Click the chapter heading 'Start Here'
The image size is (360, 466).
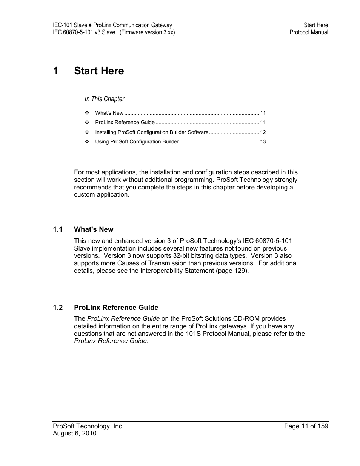pyautogui.click(x=99, y=71)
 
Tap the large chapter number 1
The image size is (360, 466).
pyautogui.click(x=56, y=71)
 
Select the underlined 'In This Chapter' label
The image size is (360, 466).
pyautogui.click(x=104, y=99)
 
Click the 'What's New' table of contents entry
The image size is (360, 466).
pyautogui.click(x=109, y=113)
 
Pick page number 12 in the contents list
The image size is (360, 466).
pyautogui.click(x=263, y=132)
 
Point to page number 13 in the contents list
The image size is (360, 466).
pyautogui.click(x=263, y=141)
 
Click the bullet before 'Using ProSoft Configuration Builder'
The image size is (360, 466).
pyautogui.click(x=86, y=141)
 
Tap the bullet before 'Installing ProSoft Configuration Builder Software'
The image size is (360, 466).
pyautogui.click(x=86, y=132)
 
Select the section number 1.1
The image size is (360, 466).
pyautogui.click(x=57, y=229)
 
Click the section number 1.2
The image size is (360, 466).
pyautogui.click(x=57, y=308)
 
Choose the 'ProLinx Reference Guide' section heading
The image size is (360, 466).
pyautogui.click(x=116, y=308)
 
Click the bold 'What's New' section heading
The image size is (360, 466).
pyautogui.click(x=94, y=229)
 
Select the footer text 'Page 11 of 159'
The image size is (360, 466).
pyautogui.click(x=306, y=426)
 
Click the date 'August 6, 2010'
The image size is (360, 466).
pyautogui.click(x=74, y=433)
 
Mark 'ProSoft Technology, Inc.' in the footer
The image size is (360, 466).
pyautogui.click(x=88, y=426)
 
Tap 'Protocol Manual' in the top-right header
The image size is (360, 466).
pyautogui.click(x=309, y=32)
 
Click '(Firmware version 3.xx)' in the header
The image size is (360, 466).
pyautogui.click(x=147, y=32)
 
